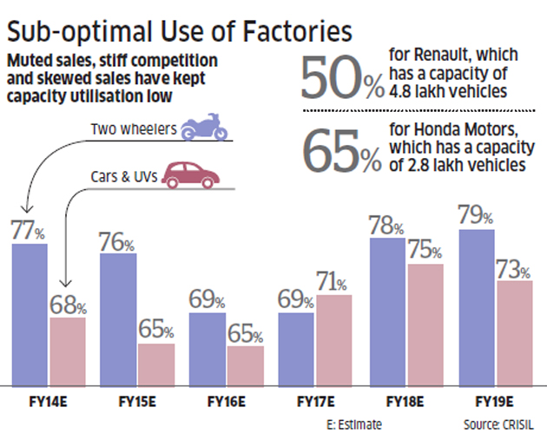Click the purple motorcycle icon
click(x=204, y=128)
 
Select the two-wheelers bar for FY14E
click(x=30, y=314)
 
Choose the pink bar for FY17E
click(x=334, y=340)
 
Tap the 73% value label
click(x=513, y=268)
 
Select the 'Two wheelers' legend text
click(x=133, y=130)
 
